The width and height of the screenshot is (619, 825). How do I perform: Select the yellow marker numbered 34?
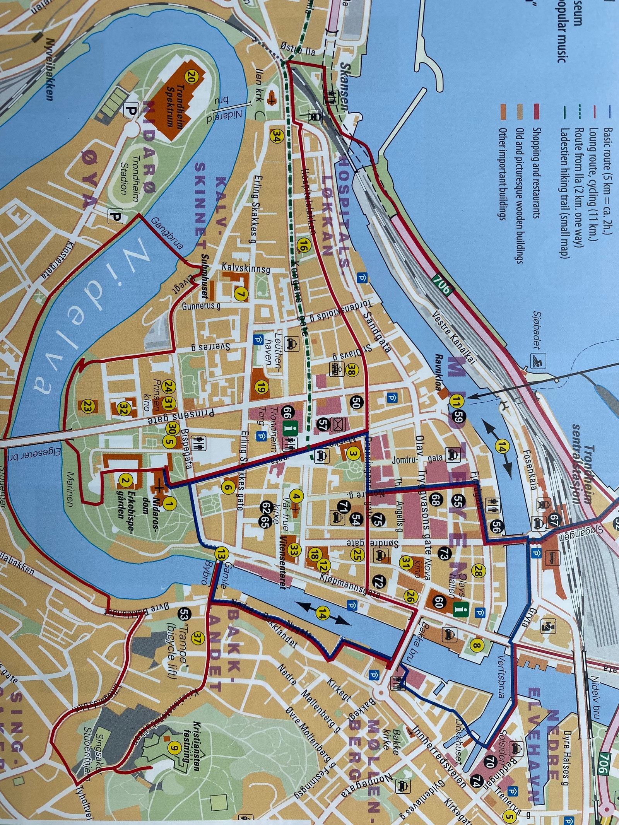point(276,135)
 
